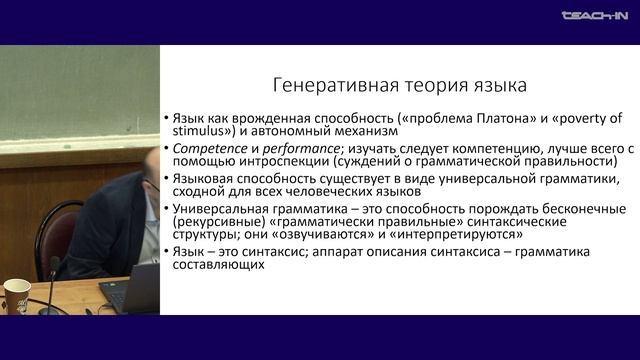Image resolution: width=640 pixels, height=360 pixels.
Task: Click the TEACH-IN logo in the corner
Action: pos(594,16)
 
